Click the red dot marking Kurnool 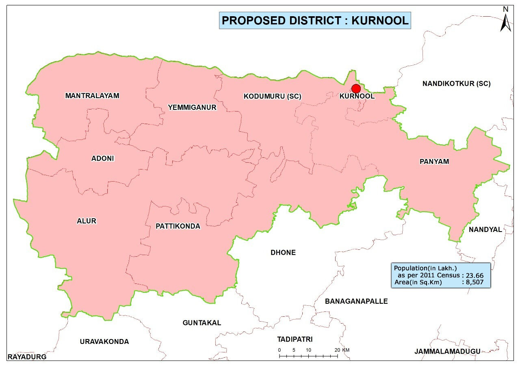tap(356, 88)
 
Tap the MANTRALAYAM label tap(92, 96)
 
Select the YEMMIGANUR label tap(192, 107)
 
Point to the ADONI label tap(103, 159)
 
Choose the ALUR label tap(87, 221)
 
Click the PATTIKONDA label tap(178, 226)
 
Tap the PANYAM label tap(434, 161)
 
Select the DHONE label tap(283, 252)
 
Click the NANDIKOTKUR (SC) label tap(456, 84)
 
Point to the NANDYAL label tap(485, 230)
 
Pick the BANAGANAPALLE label tap(356, 301)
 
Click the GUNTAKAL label tap(202, 323)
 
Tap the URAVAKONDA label tap(104, 341)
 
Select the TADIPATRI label tap(295, 339)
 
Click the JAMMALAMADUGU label tap(447, 351)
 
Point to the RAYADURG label tap(27, 357)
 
